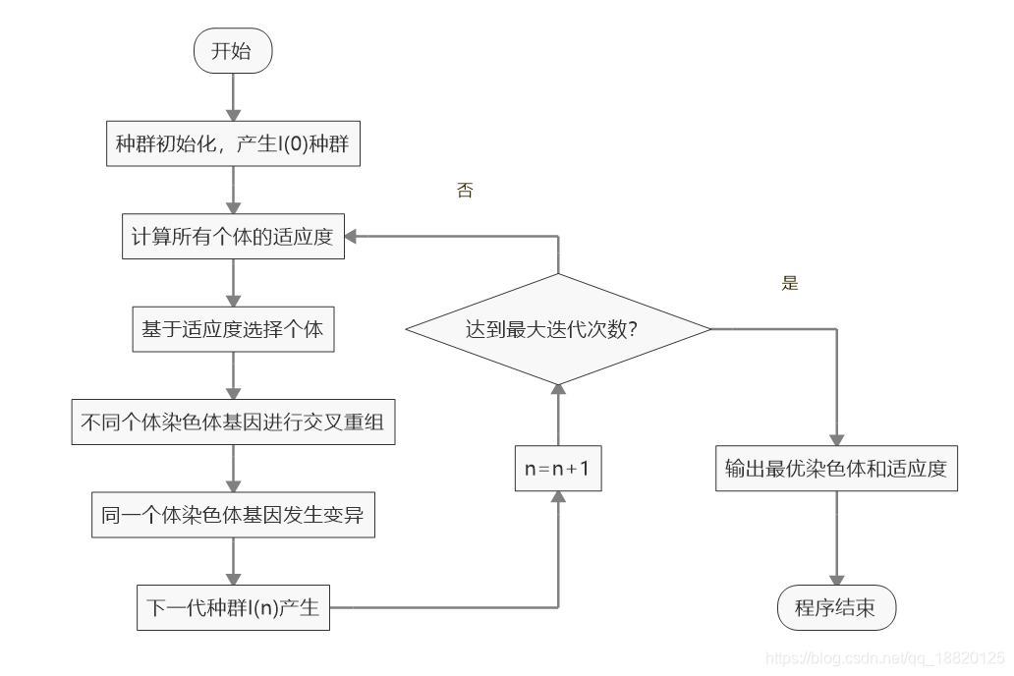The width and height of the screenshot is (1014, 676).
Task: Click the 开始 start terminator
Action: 233,52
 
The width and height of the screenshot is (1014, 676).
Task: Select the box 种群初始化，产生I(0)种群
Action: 233,144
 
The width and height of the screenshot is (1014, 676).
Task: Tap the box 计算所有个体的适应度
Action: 233,237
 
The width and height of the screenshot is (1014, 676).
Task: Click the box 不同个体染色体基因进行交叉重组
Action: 233,422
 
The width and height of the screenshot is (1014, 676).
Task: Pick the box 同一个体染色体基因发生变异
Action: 233,515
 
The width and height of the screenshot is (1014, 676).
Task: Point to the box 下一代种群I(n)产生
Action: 233,607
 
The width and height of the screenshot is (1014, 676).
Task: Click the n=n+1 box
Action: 557,469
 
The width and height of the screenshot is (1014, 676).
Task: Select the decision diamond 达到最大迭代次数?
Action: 557,329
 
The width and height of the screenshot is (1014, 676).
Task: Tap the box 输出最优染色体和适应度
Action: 836,469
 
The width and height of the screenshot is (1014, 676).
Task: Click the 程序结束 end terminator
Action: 836,609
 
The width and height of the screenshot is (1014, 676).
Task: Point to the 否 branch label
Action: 465,191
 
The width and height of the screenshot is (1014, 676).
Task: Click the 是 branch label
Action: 790,283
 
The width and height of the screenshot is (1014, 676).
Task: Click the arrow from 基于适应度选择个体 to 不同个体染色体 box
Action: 233,375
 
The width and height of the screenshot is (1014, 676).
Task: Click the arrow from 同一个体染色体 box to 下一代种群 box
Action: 233,561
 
